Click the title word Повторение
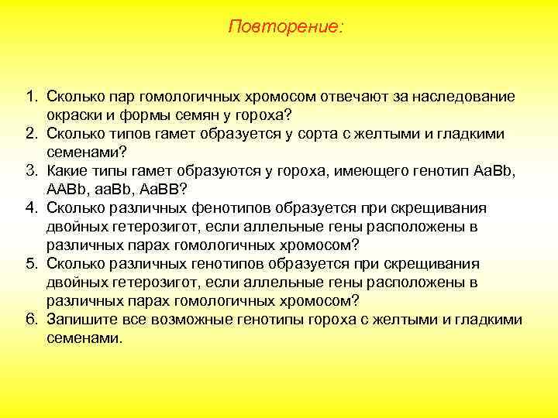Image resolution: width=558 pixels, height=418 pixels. (286, 27)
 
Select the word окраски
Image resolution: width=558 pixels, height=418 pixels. (74, 116)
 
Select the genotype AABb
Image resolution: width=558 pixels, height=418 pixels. (68, 190)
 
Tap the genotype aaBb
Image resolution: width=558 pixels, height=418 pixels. (119, 190)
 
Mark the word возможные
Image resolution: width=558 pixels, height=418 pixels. (184, 320)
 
